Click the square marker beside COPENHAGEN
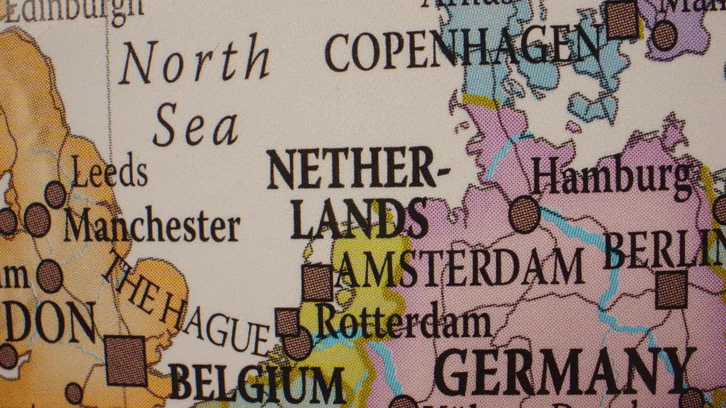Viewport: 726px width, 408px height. pos(623,20)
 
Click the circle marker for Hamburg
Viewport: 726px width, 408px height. pos(524,215)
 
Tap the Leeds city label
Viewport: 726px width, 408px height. pos(110,172)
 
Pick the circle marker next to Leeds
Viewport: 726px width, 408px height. pos(55,194)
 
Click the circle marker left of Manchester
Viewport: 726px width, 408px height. pos(37,220)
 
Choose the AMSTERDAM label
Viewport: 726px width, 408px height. pos(461,267)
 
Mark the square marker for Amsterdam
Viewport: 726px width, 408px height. pos(317,282)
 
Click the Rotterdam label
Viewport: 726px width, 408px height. pos(403,321)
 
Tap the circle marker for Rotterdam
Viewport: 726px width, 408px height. pos(298,343)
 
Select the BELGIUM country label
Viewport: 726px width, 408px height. pos(257,382)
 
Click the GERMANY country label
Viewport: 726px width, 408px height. pos(565,372)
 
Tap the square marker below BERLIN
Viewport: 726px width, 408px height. pos(672,290)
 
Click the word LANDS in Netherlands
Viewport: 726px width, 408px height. pos(360,219)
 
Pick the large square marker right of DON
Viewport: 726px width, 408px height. pos(126,360)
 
